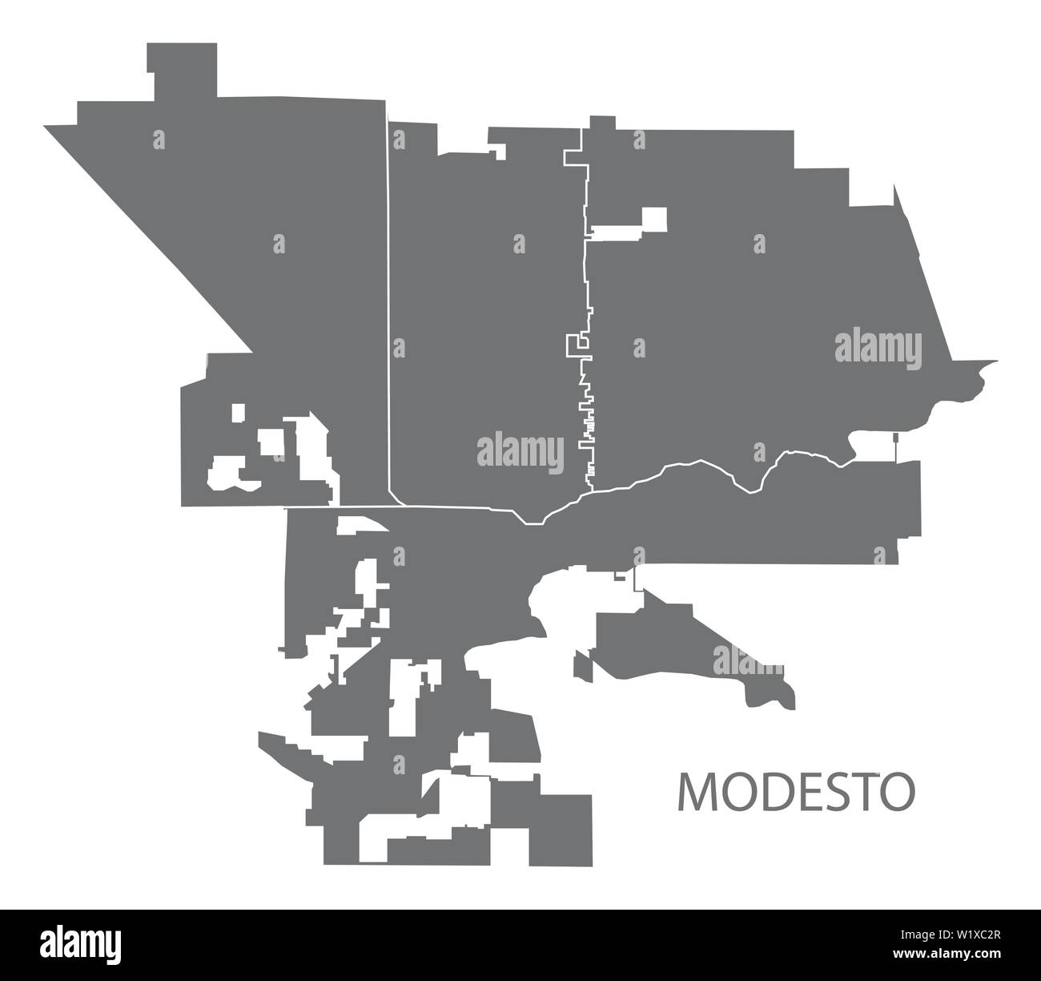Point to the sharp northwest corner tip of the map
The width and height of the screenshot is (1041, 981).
pos(48,127)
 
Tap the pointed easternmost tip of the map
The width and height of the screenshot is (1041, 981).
pos(995,362)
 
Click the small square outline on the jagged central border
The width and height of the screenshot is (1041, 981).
pos(573,345)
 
